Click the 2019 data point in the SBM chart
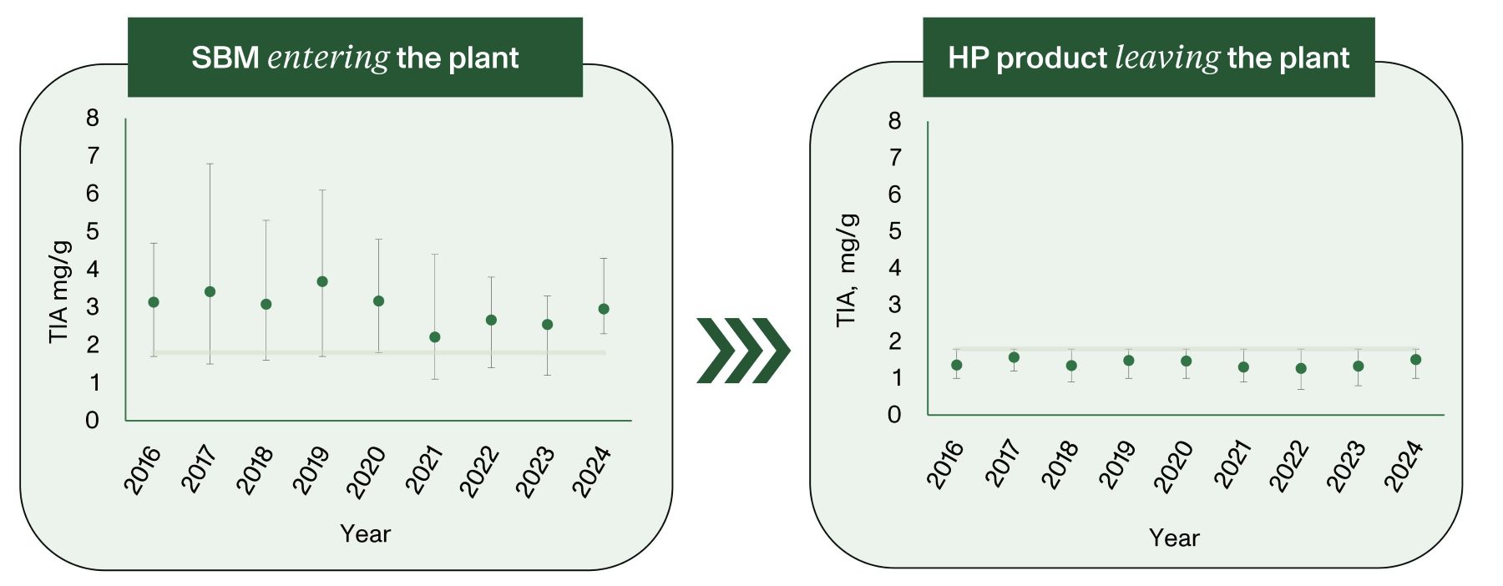click(322, 281)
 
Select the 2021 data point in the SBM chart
click(434, 337)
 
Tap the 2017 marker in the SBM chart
click(210, 291)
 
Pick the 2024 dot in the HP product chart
click(1415, 360)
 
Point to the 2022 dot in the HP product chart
click(1301, 368)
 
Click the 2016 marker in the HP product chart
click(957, 365)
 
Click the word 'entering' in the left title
click(328, 58)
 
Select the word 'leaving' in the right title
click(1167, 58)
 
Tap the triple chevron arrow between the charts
click(742, 351)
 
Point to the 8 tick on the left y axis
click(92, 118)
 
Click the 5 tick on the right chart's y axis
click(895, 230)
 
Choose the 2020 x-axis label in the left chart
click(367, 472)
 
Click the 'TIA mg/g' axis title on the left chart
click(59, 291)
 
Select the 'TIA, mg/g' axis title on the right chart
click(848, 270)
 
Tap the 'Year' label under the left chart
click(365, 534)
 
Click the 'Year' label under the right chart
click(1174, 538)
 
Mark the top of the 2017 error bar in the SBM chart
click(210, 164)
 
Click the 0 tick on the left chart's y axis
click(92, 420)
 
